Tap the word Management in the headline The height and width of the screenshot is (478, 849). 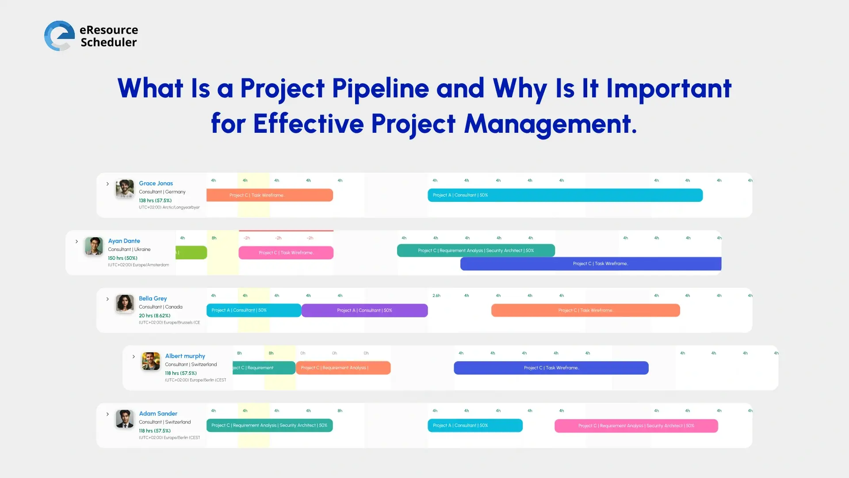(550, 124)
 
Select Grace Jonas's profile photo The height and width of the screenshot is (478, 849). (125, 189)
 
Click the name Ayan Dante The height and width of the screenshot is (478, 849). (124, 241)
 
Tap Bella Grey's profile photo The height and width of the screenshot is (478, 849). (125, 304)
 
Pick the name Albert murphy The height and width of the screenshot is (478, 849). (185, 356)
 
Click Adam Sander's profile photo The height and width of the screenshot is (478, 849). (125, 419)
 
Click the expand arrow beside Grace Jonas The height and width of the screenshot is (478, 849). (107, 184)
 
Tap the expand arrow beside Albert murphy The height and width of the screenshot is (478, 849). (134, 356)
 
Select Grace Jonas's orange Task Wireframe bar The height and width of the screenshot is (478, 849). (269, 195)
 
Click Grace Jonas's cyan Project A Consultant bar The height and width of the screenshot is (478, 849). (565, 195)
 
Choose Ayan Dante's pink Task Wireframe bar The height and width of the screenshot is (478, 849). (286, 253)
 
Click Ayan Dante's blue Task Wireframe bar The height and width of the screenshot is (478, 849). (590, 264)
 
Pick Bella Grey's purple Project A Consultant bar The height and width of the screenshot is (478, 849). (364, 310)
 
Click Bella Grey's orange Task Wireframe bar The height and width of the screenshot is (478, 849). (585, 310)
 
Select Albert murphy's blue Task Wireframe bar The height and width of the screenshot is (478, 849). (551, 368)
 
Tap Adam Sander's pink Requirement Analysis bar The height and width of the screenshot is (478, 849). (636, 426)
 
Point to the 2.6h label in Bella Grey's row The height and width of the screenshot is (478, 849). (436, 296)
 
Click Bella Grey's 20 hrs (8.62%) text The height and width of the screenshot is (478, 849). (154, 316)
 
